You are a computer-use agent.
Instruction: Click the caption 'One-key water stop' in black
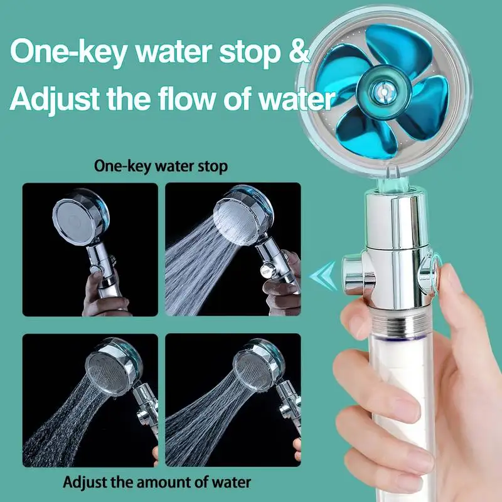pos(161,166)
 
